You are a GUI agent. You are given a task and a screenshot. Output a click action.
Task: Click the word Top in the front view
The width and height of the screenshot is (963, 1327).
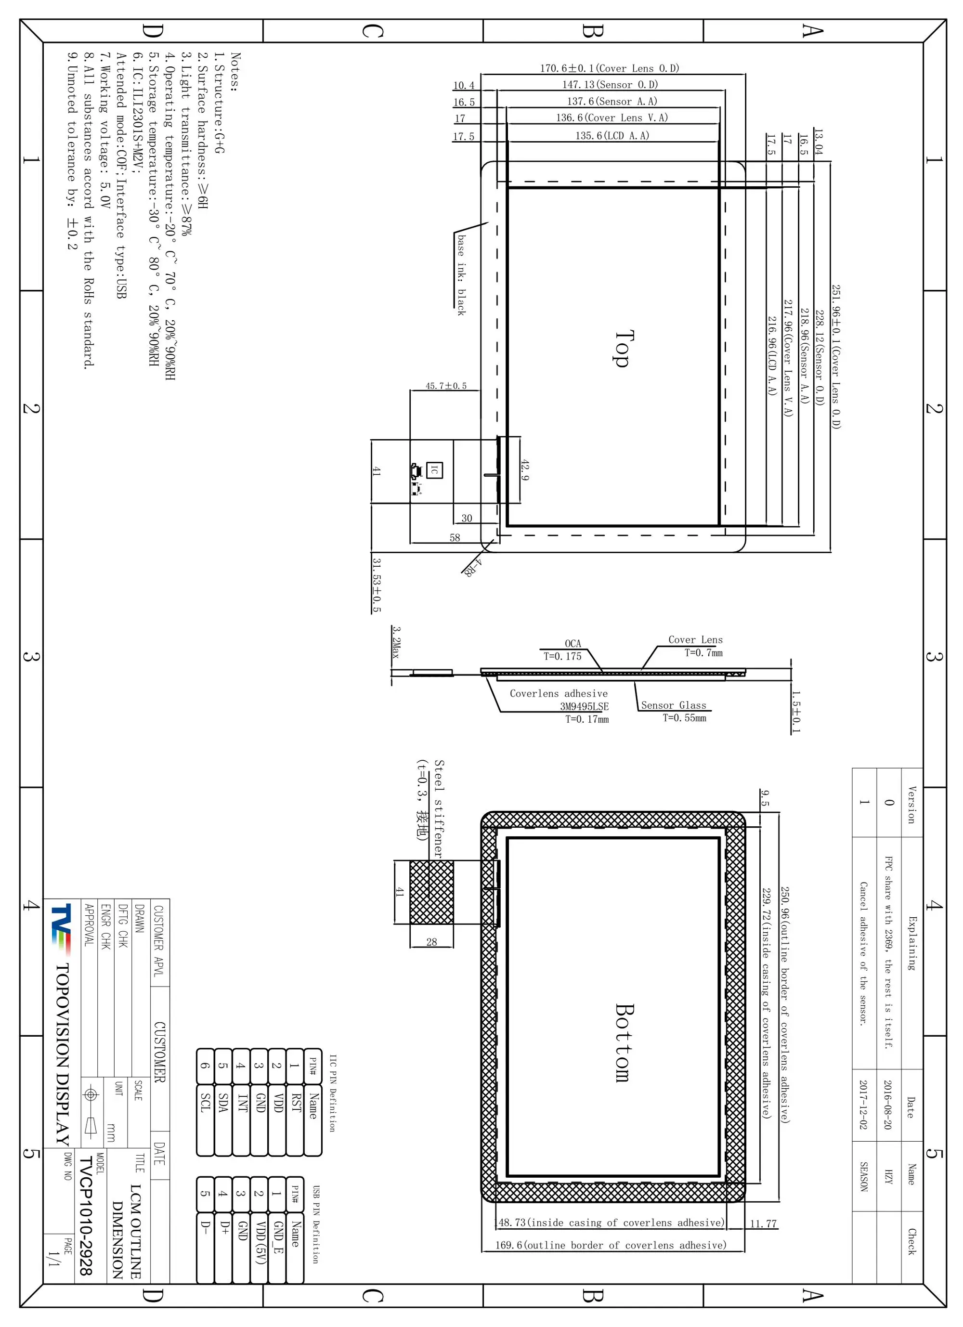tap(624, 349)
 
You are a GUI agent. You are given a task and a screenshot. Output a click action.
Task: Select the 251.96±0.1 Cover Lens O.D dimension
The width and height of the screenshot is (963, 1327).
tap(836, 357)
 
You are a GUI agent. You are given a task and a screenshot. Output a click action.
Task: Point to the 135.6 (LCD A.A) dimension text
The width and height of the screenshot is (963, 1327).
tap(612, 136)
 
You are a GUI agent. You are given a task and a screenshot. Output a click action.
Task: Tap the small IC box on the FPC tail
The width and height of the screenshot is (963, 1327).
tap(434, 470)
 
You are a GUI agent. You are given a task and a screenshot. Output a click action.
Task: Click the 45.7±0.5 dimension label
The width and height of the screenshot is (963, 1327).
tap(446, 386)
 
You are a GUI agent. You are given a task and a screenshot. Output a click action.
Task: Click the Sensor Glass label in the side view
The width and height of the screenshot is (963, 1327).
tap(674, 705)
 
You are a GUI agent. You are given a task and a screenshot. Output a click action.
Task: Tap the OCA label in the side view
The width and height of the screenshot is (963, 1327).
tap(573, 644)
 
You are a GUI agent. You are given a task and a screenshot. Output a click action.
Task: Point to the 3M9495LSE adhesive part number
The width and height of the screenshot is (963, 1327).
tap(584, 706)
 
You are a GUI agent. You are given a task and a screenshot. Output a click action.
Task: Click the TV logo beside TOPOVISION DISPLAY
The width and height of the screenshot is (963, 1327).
tap(61, 924)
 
